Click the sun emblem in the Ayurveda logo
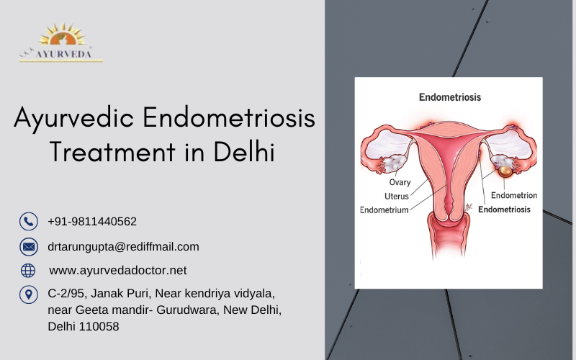pyautogui.click(x=63, y=35)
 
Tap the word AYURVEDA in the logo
pyautogui.click(x=63, y=54)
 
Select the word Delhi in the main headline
pyautogui.click(x=244, y=151)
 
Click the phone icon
pyautogui.click(x=29, y=222)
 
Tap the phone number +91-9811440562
pyautogui.click(x=92, y=222)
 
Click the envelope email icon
pyautogui.click(x=29, y=246)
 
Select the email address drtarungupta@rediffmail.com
pyautogui.click(x=123, y=247)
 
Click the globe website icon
pyautogui.click(x=28, y=271)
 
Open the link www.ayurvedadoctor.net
pyautogui.click(x=118, y=271)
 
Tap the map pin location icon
pyautogui.click(x=29, y=294)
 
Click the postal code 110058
pyautogui.click(x=99, y=326)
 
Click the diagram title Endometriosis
pyautogui.click(x=450, y=97)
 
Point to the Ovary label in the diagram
pyautogui.click(x=400, y=182)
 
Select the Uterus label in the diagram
pyautogui.click(x=397, y=196)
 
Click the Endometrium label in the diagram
pyautogui.click(x=384, y=210)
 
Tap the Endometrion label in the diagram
pyautogui.click(x=514, y=195)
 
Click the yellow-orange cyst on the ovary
pyautogui.click(x=505, y=171)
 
